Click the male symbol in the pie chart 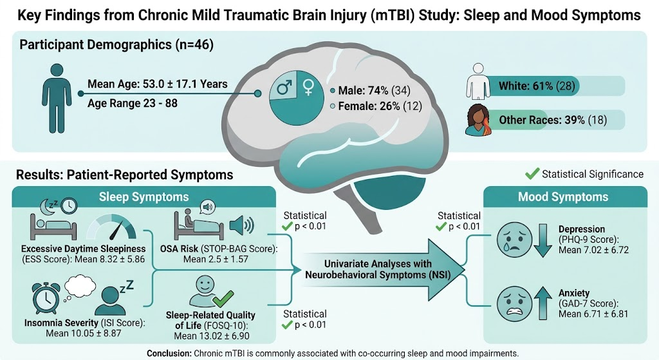[x=284, y=88]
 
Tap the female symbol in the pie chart [x=308, y=87]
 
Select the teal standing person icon [x=57, y=99]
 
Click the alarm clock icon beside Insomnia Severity [x=46, y=298]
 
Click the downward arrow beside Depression [x=543, y=240]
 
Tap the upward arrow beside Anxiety [x=543, y=303]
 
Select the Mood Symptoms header [x=562, y=197]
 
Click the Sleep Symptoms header [x=144, y=197]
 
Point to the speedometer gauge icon [x=112, y=227]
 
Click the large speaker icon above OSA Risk [x=242, y=225]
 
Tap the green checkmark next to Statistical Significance [x=532, y=174]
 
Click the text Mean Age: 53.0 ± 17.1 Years [x=158, y=84]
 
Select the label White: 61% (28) [x=537, y=86]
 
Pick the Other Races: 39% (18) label [x=553, y=120]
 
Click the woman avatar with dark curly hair [x=479, y=120]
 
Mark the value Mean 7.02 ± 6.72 [x=593, y=250]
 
